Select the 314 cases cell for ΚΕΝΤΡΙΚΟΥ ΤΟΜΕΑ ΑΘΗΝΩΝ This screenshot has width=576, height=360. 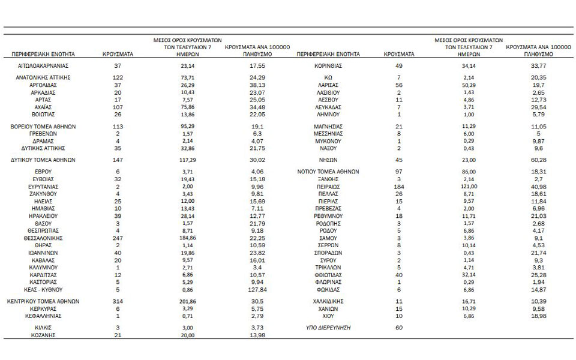(x=117, y=301)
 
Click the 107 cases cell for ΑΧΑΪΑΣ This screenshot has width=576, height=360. (x=117, y=106)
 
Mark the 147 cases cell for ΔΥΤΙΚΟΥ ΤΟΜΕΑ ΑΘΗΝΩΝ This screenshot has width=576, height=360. (x=117, y=160)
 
